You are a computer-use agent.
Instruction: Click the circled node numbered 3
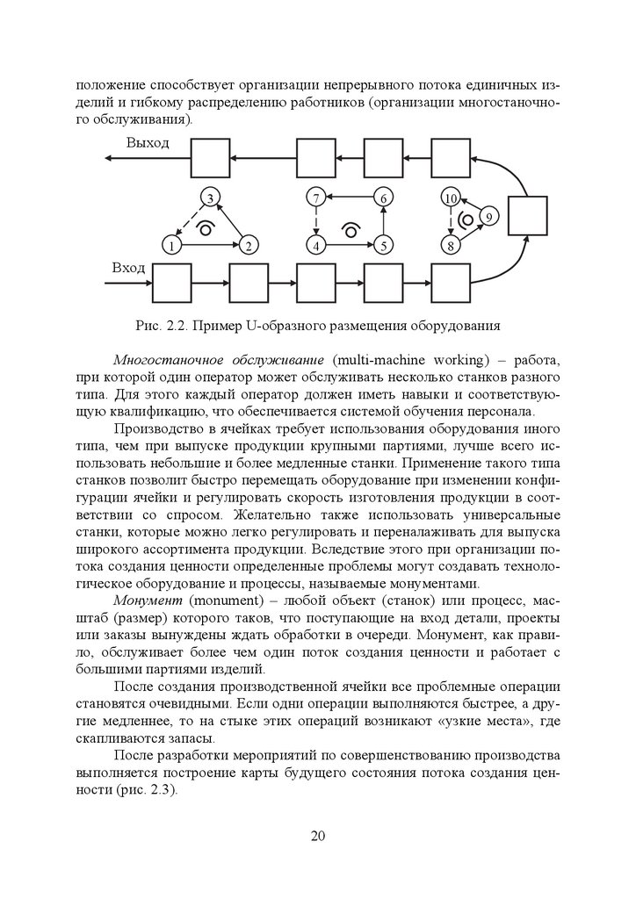tap(210, 198)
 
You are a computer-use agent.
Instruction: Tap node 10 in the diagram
tap(451, 198)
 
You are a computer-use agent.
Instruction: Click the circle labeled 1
tap(172, 245)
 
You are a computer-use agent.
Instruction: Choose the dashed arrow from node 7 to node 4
tap(316, 221)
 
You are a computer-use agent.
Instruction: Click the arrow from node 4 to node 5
tap(350, 245)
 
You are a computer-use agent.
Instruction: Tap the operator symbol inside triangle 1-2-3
tap(206, 229)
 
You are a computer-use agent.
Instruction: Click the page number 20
tap(318, 835)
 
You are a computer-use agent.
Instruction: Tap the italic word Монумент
tap(145, 599)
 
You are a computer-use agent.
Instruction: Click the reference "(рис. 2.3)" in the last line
tap(144, 789)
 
